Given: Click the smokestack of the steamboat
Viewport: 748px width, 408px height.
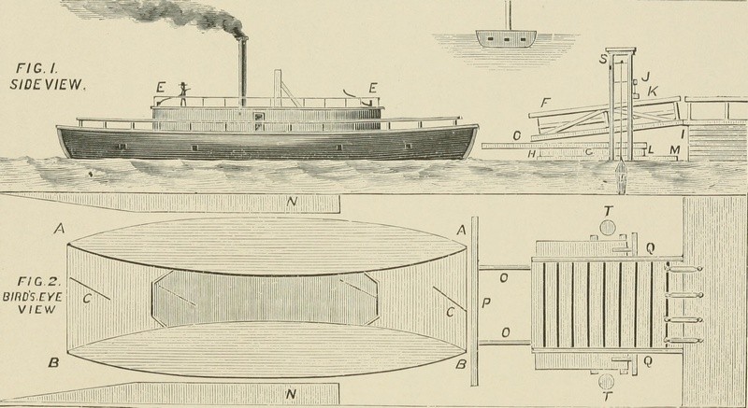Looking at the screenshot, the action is click(243, 70).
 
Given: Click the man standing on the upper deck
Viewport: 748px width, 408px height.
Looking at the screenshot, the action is click(183, 93).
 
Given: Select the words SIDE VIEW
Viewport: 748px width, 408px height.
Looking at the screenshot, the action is click(47, 85).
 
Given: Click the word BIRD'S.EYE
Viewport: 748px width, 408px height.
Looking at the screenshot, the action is click(33, 296).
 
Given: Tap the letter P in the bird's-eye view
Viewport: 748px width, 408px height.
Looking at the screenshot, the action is click(486, 303).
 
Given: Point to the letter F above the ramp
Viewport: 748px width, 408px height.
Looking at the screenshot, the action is click(546, 103).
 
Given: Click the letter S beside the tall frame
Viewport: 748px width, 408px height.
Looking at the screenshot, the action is click(604, 60).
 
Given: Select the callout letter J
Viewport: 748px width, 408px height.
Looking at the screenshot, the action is click(645, 77).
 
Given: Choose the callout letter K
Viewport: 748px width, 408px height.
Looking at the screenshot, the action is click(652, 91).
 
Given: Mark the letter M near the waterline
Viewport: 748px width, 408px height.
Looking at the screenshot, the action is click(674, 150).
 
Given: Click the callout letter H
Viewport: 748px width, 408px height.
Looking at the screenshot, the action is click(531, 153).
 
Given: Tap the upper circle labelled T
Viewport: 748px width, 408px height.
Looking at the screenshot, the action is click(608, 228).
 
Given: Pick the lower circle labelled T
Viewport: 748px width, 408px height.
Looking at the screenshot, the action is click(607, 382).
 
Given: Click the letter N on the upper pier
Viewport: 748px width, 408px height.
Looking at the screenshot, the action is click(292, 202).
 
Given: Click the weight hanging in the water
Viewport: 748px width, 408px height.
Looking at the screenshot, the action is click(621, 176).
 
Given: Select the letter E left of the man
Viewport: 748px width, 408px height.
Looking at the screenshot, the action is click(161, 88).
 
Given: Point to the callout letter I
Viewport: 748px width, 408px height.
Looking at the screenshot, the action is click(683, 134).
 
